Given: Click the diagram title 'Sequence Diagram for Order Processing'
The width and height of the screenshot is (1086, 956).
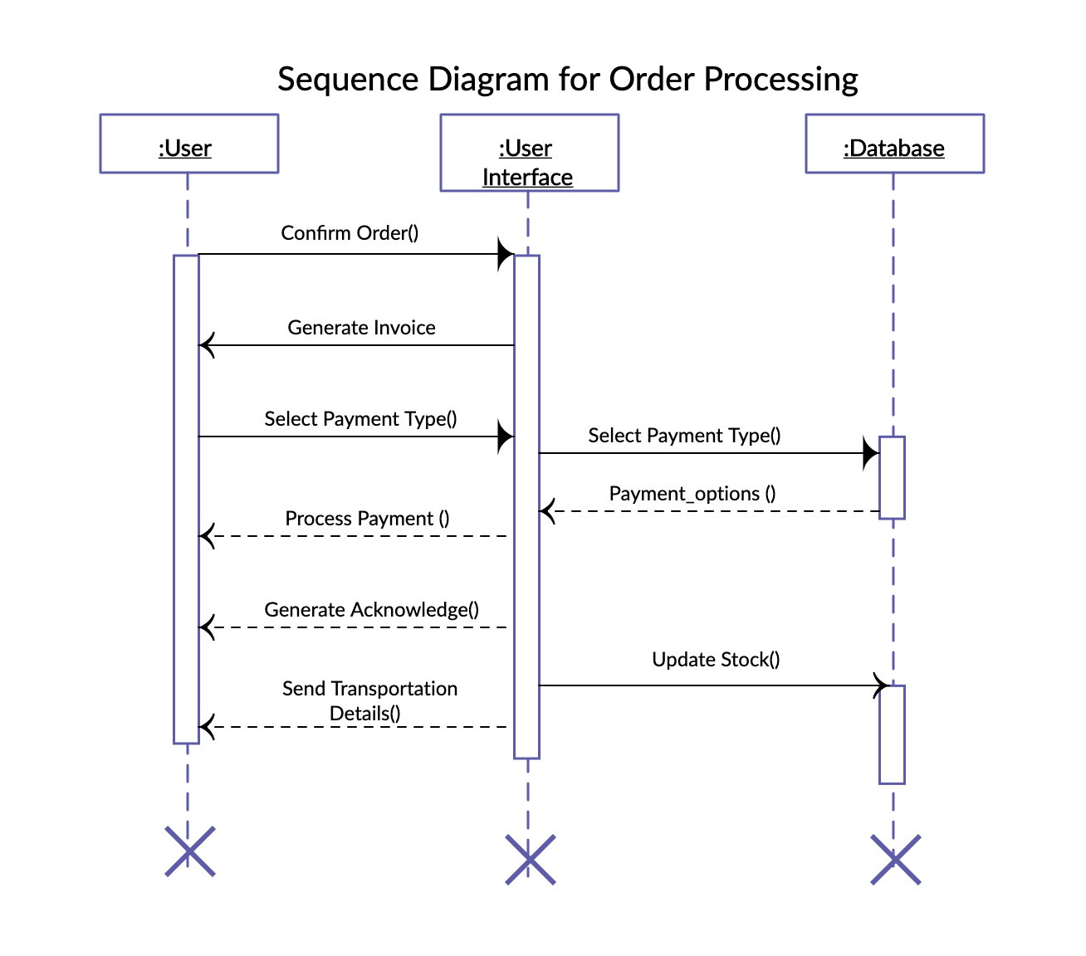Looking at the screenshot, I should [567, 80].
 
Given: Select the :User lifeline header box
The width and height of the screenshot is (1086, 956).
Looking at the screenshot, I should [188, 144].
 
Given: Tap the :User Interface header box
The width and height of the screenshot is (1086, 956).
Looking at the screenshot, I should [529, 154].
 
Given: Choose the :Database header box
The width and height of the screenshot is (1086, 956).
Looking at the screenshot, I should [894, 144].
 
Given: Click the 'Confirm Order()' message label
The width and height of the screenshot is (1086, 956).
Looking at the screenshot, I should [350, 233].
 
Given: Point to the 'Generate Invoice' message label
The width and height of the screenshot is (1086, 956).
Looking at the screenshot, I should [361, 328].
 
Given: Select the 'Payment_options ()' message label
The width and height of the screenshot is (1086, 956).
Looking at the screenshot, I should [692, 494].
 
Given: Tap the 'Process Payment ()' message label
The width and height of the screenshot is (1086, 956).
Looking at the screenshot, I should [367, 519].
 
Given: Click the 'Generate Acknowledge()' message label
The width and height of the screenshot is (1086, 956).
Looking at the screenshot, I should [371, 610].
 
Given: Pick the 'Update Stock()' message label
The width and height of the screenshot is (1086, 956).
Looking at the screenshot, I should [716, 660].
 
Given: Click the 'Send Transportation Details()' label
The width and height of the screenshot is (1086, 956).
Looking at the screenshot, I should [369, 701].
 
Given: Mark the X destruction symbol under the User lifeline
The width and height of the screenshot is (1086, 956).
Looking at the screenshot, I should [189, 851].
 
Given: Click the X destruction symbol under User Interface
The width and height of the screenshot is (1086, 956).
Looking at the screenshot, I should [530, 860].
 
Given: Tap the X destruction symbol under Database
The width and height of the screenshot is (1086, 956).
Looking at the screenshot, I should [895, 860].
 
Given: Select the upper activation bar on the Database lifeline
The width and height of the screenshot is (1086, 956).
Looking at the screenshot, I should [892, 477].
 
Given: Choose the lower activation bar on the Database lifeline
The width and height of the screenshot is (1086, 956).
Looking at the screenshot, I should [892, 734].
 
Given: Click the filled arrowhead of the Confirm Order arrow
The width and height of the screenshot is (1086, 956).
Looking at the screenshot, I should [505, 254].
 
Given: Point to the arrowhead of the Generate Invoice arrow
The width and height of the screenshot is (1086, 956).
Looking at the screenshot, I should [208, 345].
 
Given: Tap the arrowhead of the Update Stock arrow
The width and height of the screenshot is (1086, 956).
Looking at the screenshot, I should [882, 685].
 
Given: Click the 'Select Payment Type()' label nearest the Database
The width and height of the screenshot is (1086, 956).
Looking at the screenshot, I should [684, 436].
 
